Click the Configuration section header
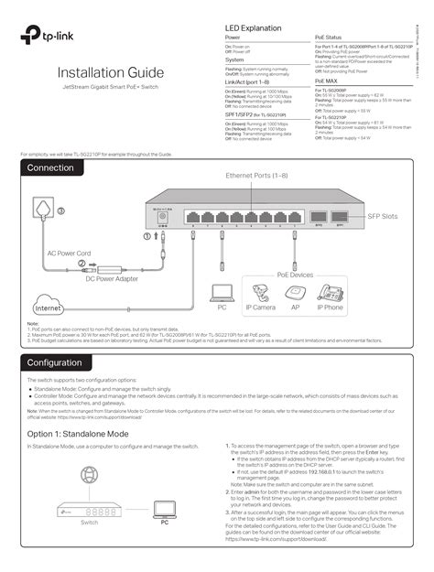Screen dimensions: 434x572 [58, 363]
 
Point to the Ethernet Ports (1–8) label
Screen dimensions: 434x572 [257, 174]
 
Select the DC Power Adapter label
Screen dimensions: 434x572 [112, 278]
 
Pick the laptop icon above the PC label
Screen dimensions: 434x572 [222, 293]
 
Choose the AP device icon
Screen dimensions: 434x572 [295, 293]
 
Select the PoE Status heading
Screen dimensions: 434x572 [330, 38]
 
